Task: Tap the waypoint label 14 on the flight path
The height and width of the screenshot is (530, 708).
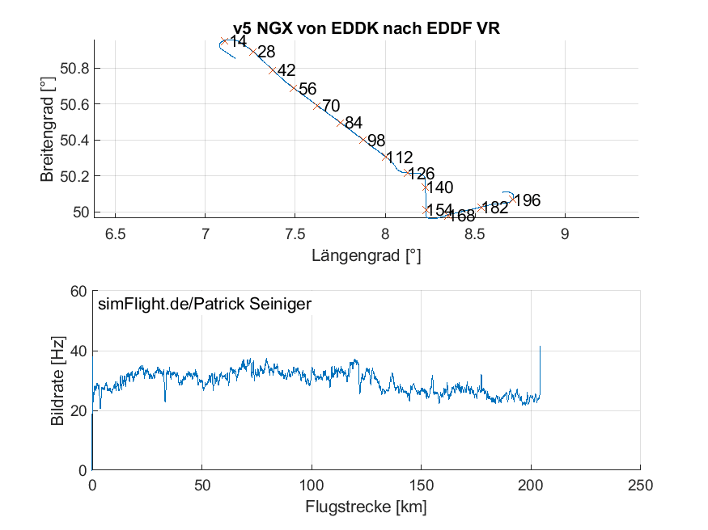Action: pyautogui.click(x=237, y=41)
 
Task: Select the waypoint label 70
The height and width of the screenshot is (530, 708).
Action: pyautogui.click(x=331, y=106)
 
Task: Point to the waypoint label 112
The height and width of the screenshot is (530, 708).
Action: pyautogui.click(x=400, y=158)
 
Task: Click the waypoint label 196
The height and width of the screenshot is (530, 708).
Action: pyautogui.click(x=527, y=200)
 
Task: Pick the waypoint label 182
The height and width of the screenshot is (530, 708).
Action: pyautogui.click(x=494, y=208)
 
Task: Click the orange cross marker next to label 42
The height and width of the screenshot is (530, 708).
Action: pyautogui.click(x=273, y=69)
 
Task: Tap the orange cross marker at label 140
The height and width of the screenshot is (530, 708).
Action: pyautogui.click(x=425, y=187)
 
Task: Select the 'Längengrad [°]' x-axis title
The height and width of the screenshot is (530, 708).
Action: pyautogui.click(x=366, y=256)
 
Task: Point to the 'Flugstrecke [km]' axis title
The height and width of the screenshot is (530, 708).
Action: pyautogui.click(x=366, y=507)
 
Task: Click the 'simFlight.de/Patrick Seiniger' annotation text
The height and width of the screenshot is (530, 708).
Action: pyautogui.click(x=204, y=305)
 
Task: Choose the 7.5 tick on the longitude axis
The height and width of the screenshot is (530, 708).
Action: pyautogui.click(x=295, y=234)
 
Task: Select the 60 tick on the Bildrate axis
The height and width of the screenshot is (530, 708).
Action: pyautogui.click(x=78, y=292)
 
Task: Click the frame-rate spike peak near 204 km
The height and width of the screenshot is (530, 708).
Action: pyautogui.click(x=540, y=347)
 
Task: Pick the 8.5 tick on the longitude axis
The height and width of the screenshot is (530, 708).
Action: pyautogui.click(x=475, y=234)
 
